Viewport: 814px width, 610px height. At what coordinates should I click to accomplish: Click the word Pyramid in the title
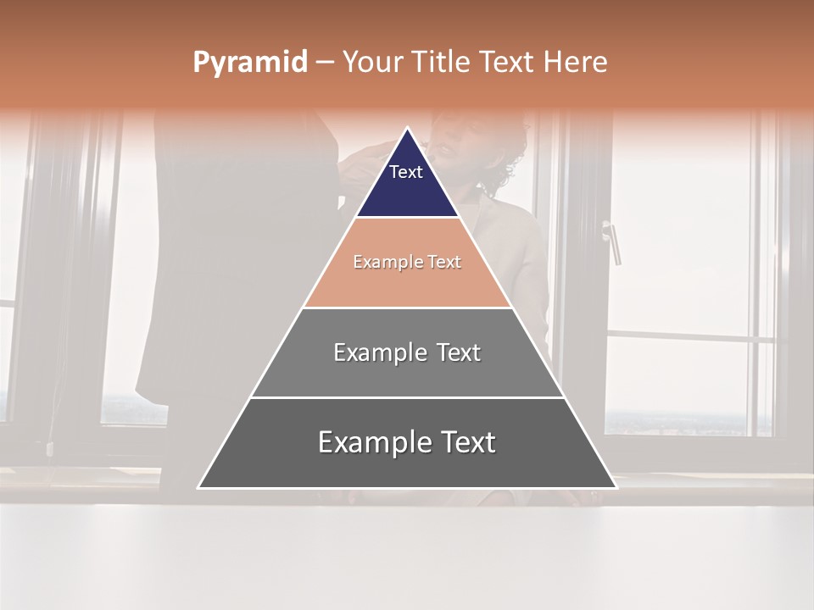pos(249,63)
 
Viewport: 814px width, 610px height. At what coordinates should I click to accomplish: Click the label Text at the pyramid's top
pos(406,172)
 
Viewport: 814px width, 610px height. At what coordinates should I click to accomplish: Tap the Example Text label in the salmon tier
pos(407,263)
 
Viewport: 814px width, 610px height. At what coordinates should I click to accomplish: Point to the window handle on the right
pos(612,241)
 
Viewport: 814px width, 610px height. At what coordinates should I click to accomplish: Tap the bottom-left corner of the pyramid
pos(198,487)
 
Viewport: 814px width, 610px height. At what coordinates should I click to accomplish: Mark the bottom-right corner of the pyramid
pos(616,487)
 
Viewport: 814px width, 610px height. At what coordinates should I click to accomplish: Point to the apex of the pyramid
pos(407,129)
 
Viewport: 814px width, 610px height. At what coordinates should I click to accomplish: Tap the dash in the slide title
pos(324,63)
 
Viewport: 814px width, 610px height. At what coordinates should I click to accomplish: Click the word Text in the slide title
pos(507,63)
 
